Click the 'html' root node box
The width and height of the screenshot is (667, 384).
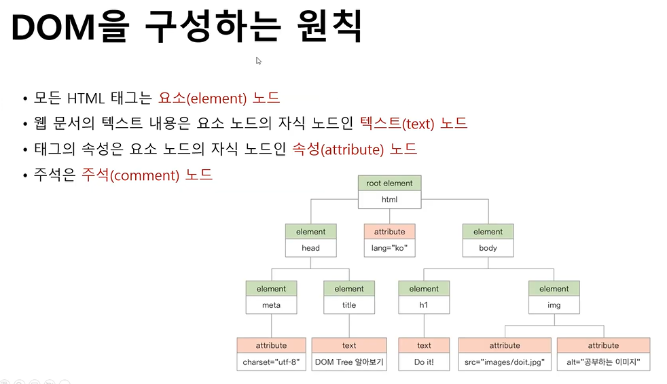(389, 200)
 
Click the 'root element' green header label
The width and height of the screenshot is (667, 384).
(389, 184)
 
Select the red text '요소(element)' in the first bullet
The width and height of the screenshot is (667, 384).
(202, 98)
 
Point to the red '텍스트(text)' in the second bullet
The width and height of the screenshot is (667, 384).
(395, 124)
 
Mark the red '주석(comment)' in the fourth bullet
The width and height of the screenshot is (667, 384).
(130, 175)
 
